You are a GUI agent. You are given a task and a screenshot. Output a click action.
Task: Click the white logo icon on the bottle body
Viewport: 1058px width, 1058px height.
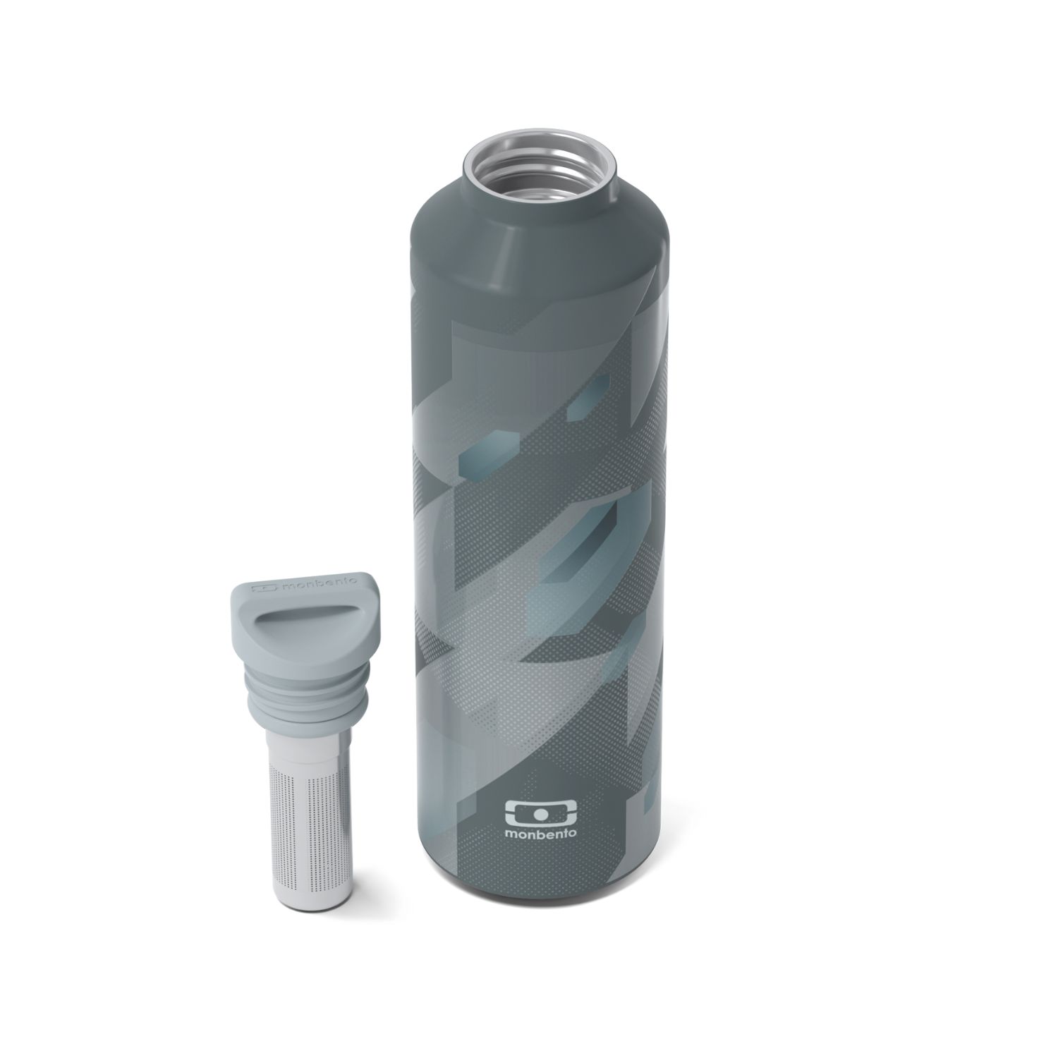pos(540,811)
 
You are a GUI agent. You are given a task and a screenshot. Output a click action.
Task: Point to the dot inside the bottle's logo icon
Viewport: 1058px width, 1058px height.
pos(540,811)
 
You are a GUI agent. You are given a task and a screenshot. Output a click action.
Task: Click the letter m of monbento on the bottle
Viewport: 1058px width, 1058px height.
pos(511,838)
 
